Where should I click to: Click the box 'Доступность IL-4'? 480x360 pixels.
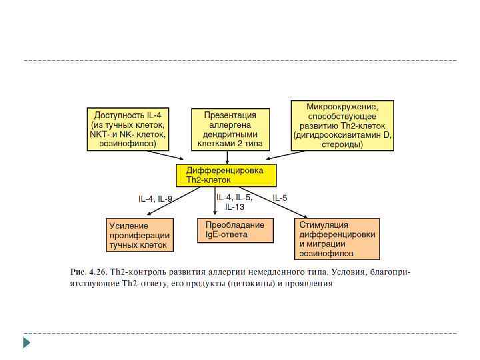tap(129, 127)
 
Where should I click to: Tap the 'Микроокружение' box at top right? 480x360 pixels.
tap(342, 126)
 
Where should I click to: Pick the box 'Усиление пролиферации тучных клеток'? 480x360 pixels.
tap(139, 235)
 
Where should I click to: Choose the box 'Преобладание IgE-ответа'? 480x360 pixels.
tap(230, 230)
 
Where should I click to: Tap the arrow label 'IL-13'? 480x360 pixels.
tap(234, 207)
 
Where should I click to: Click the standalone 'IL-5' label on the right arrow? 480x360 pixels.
tap(280, 198)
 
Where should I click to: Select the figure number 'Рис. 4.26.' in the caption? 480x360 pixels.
tap(88, 272)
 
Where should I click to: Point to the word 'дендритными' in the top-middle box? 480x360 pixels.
tap(230, 133)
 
